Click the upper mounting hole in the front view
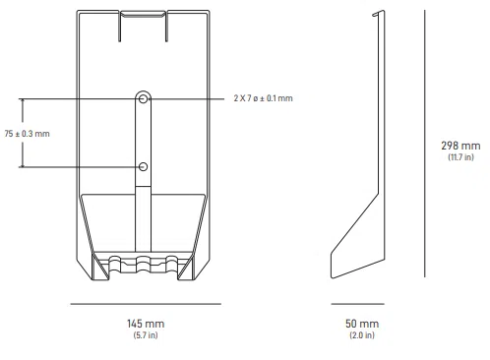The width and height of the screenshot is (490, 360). (145, 99)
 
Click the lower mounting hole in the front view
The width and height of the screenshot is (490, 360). (145, 167)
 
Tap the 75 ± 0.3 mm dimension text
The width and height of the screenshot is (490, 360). (27, 134)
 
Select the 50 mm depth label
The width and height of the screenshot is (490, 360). (361, 324)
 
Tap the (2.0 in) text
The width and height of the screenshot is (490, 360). (361, 335)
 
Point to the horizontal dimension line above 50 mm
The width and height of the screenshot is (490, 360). (360, 304)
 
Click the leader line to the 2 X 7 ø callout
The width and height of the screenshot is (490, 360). (187, 99)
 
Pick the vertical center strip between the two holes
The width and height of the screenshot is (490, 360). (145, 133)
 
